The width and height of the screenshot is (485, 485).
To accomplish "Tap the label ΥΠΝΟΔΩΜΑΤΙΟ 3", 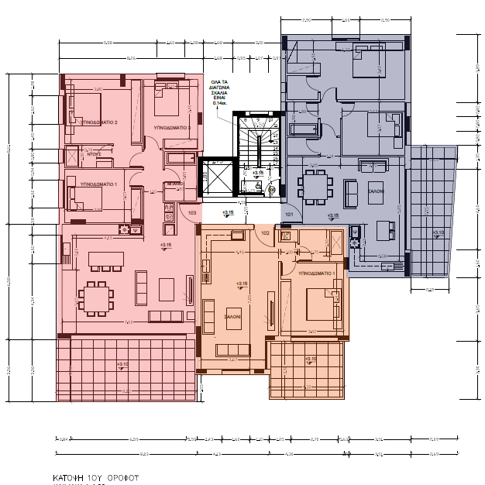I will coord(173,126).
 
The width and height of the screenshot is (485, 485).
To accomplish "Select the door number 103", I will coord(192,212).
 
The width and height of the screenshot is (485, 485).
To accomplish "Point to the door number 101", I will coord(289,213).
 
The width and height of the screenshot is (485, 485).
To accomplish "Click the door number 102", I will coord(265,232).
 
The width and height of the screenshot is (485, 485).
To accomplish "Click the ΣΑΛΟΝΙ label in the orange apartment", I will coord(233,317).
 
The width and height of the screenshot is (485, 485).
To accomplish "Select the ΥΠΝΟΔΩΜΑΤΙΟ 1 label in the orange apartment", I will coord(315,273).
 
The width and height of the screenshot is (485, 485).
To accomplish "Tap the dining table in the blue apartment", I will coord(315,187).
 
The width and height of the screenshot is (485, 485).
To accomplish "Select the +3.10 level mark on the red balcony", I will coord(122,364).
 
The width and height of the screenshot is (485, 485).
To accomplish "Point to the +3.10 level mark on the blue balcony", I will coord(439,232).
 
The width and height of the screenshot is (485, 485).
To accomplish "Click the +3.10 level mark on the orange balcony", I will coord(311,359).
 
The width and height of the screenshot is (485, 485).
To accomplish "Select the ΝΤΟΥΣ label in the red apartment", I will coord(95,155).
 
